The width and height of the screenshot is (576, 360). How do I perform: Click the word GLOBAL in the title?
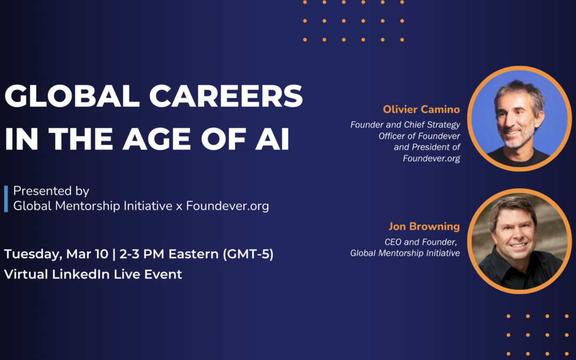click(69, 97)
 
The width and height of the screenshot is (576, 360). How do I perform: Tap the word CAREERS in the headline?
click(223, 97)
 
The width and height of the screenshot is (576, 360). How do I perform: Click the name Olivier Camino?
click(421, 109)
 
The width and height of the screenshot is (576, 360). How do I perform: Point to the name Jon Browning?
click(424, 226)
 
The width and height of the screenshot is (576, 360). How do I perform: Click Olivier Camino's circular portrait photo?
click(519, 118)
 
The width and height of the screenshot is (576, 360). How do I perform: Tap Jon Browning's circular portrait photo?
click(519, 241)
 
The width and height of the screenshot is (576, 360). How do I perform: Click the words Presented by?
click(51, 191)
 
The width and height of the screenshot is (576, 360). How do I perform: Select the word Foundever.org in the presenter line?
click(227, 206)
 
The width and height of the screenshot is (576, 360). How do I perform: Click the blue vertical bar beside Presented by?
click(6, 198)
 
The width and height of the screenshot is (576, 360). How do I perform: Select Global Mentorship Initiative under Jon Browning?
click(405, 253)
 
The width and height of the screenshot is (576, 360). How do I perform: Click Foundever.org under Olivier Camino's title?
click(431, 158)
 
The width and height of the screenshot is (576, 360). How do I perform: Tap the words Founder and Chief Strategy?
click(405, 125)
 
